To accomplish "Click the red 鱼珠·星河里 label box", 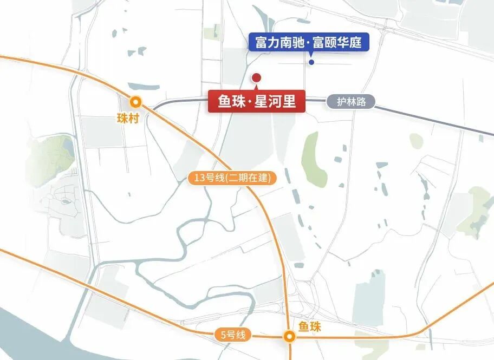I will tap(257, 102).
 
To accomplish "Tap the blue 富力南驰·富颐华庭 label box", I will tap(309, 42).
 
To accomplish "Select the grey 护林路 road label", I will tap(350, 102).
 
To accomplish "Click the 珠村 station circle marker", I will tap(135, 101).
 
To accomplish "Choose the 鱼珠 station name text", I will tap(310, 327).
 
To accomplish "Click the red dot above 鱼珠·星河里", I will tap(257, 77).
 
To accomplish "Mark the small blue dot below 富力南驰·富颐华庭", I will tap(311, 62).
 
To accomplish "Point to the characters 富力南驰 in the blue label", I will tap(277, 42).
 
